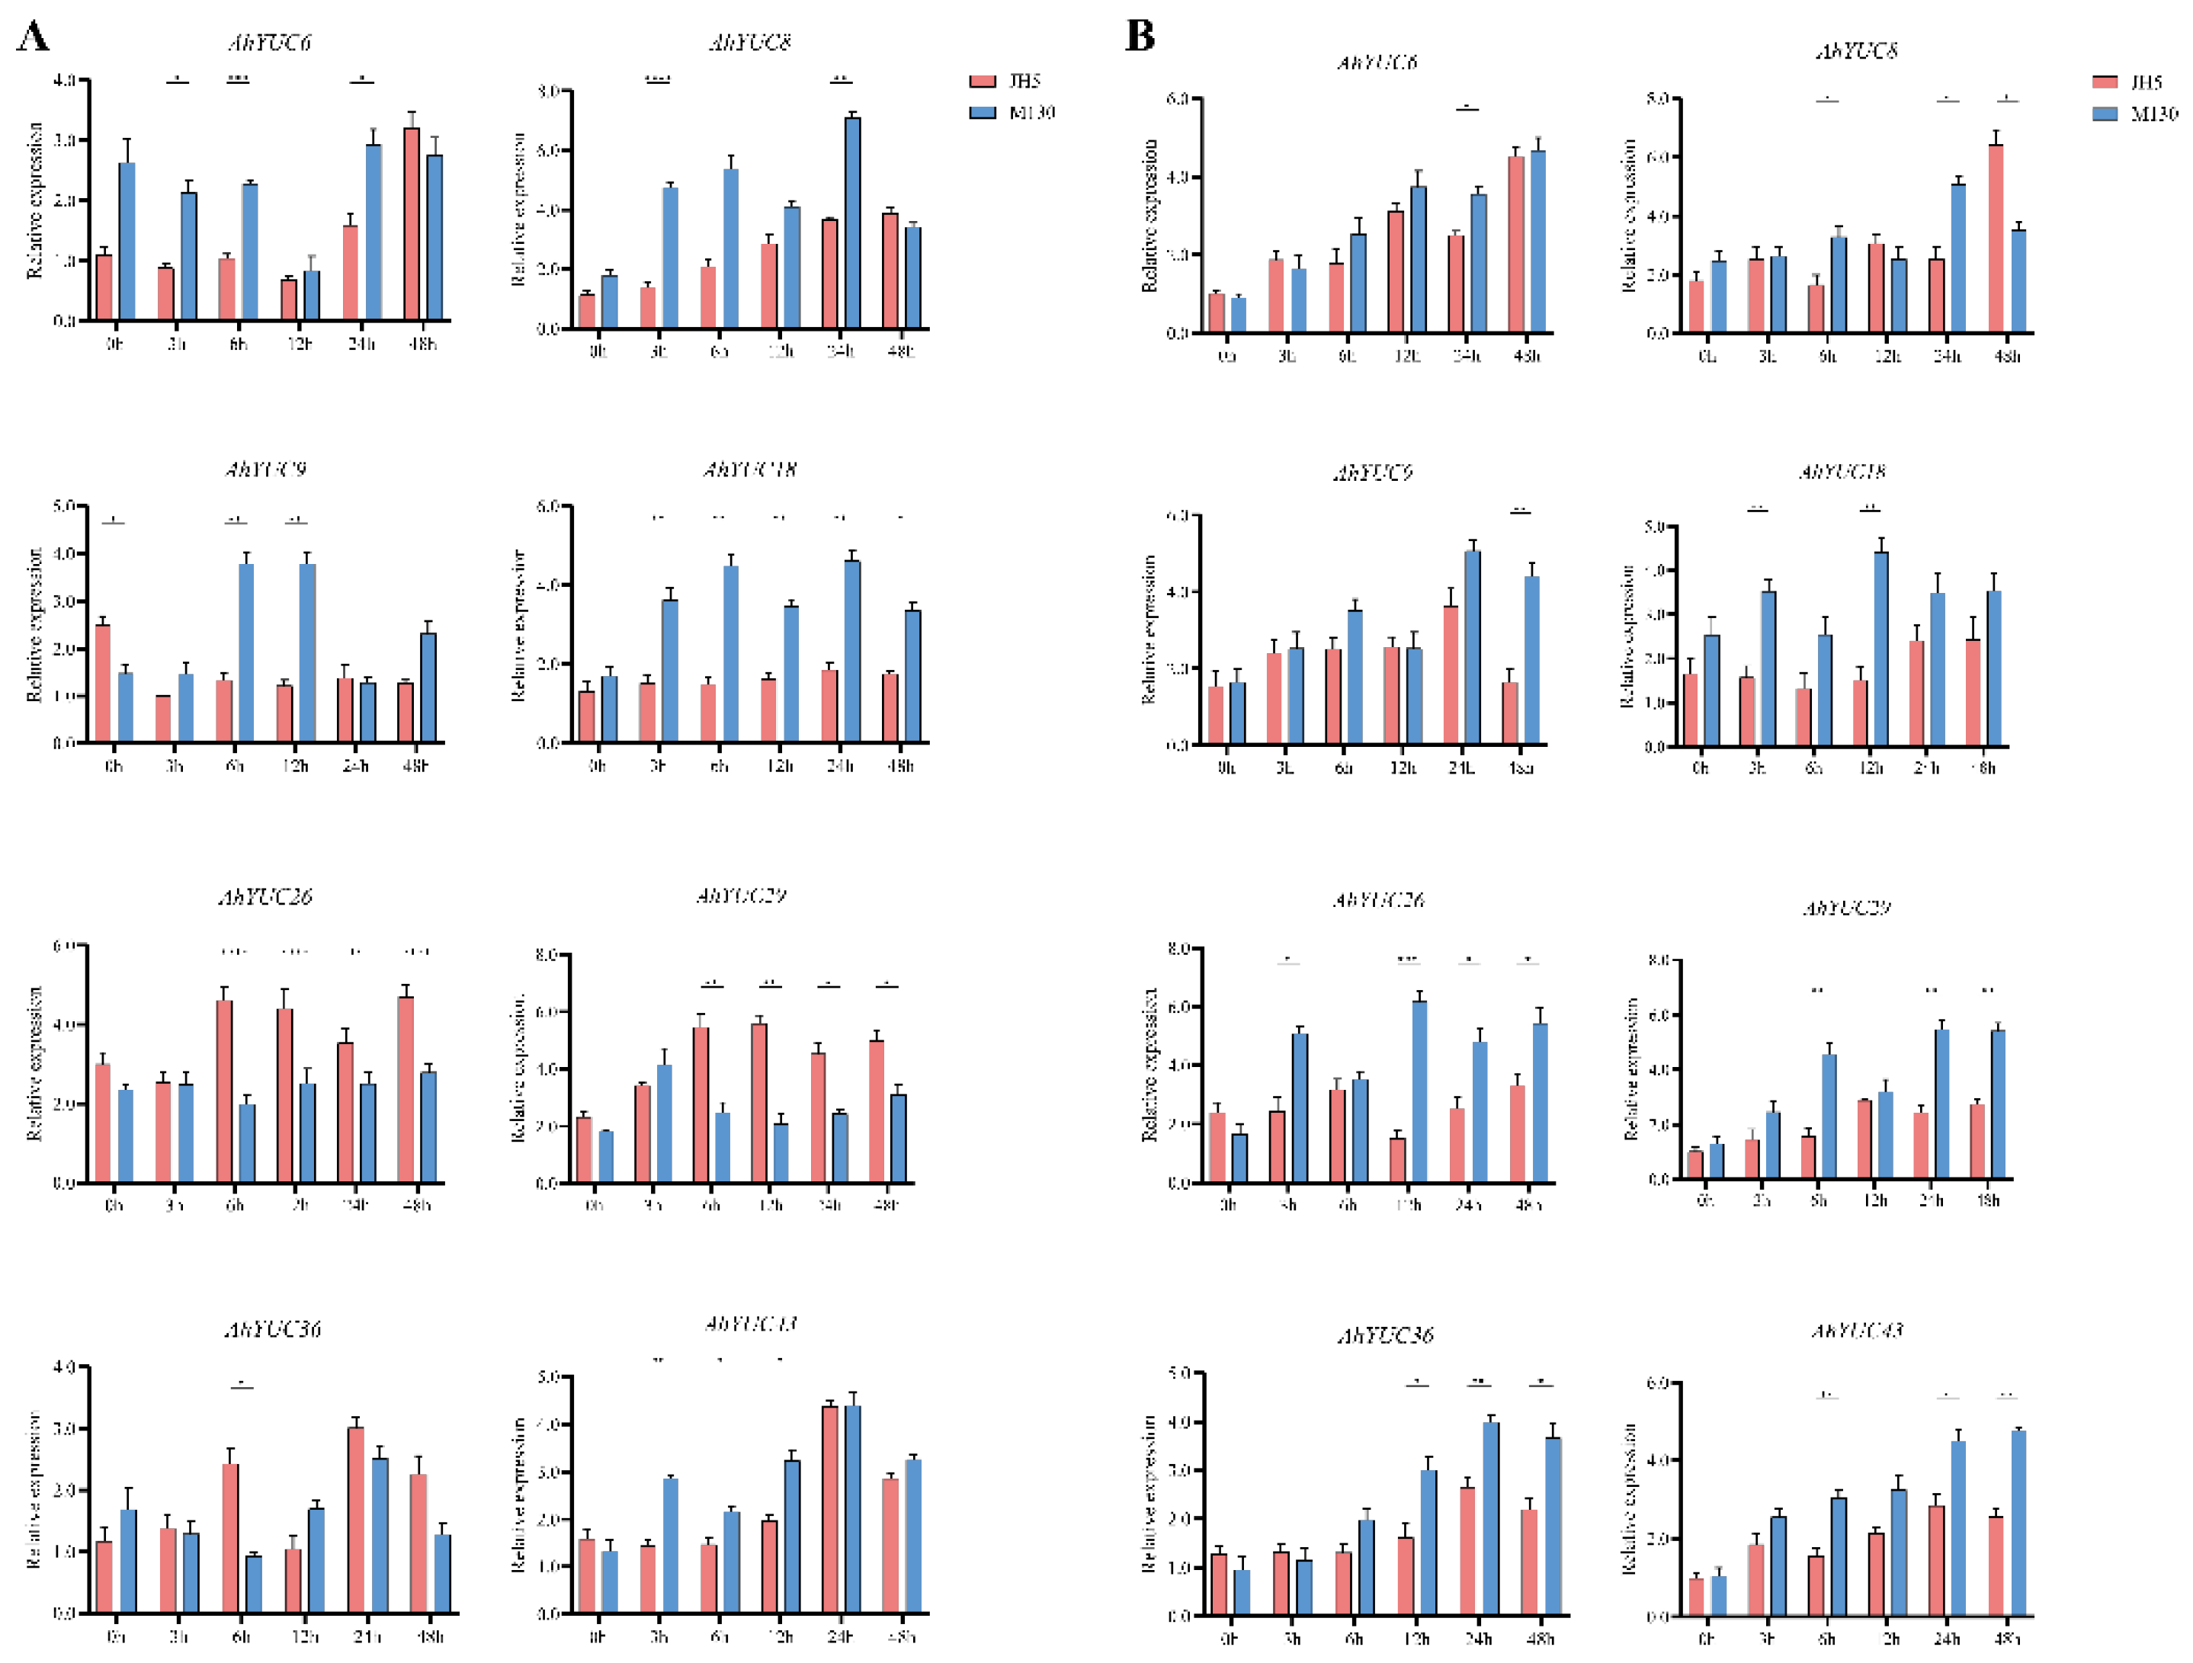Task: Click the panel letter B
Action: coord(1140,36)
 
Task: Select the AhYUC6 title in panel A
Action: coord(270,43)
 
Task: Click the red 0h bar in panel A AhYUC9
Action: coord(103,683)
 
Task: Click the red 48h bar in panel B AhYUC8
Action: coord(1995,239)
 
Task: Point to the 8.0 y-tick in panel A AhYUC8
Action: coord(547,91)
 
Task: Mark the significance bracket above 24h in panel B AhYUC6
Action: coord(1467,108)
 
